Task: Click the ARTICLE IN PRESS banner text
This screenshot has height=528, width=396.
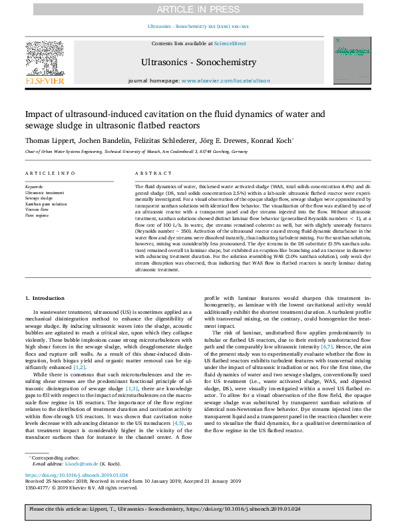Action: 198,9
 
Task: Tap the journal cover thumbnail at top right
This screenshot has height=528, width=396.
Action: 351,61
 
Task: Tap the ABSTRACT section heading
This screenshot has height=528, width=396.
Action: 148,173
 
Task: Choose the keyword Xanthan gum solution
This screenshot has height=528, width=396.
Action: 46,204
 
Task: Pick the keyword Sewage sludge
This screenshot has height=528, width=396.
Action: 40,198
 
